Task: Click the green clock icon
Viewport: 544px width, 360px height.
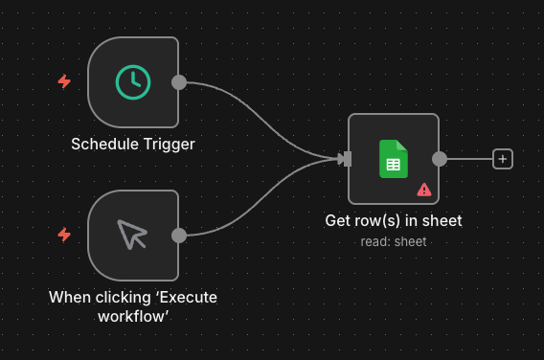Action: click(132, 82)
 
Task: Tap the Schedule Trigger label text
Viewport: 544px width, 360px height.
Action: click(132, 145)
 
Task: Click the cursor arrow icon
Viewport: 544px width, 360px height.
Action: click(132, 235)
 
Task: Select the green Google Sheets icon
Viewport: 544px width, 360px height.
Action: click(393, 159)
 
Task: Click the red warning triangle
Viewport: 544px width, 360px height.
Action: click(423, 190)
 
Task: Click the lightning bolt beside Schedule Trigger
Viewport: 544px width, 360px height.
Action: click(64, 82)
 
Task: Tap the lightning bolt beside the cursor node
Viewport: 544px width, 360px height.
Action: click(64, 235)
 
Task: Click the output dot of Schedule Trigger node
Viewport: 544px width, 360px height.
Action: click(178, 82)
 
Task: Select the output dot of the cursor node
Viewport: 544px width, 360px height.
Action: click(178, 235)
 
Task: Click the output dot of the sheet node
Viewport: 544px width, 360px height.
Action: click(439, 159)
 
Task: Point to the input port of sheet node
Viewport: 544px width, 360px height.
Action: click(347, 159)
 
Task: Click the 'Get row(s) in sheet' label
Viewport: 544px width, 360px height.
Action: click(393, 221)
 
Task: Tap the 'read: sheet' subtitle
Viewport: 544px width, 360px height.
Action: click(393, 241)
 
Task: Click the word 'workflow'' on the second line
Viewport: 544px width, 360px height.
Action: click(132, 316)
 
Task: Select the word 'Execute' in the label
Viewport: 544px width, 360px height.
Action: click(188, 297)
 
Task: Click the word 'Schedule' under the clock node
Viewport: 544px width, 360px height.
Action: click(105, 145)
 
